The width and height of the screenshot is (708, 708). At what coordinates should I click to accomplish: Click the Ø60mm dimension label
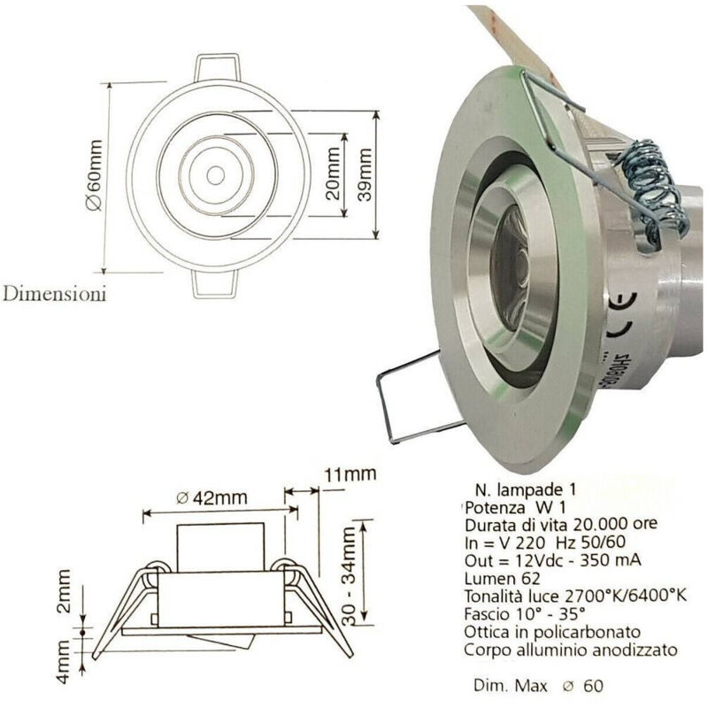95,175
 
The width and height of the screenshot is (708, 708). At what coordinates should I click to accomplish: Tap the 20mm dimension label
333,173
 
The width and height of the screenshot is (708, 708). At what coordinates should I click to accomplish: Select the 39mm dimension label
364,174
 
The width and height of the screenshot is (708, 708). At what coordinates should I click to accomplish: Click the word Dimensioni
55,294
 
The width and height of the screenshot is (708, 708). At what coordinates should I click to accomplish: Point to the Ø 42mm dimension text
212,497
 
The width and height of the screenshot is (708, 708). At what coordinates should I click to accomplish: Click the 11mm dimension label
350,474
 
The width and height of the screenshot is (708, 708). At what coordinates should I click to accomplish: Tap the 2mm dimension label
64,591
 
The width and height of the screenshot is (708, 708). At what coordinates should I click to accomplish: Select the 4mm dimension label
64,662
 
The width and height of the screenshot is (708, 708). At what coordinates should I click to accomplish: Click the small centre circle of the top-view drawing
215,175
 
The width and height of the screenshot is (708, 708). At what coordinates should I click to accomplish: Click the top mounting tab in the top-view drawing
217,69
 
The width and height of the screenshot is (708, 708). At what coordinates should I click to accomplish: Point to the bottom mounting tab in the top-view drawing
215,284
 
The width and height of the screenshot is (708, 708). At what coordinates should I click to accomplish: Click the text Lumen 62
502,579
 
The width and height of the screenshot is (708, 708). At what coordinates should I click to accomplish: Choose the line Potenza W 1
515,507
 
